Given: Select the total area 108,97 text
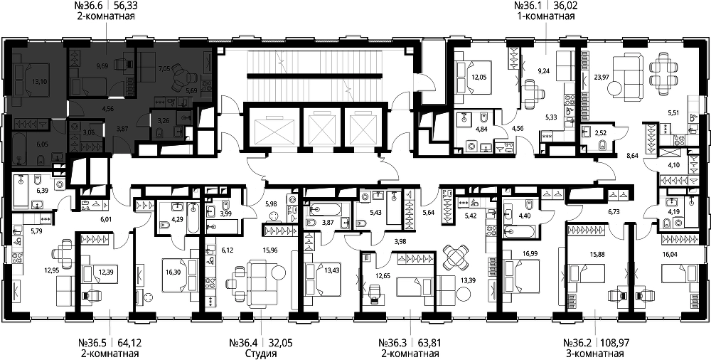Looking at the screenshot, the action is [616, 343].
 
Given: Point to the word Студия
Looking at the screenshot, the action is [260, 354].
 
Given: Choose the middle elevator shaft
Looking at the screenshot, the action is [321, 128].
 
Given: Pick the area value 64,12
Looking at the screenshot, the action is [126, 343].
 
